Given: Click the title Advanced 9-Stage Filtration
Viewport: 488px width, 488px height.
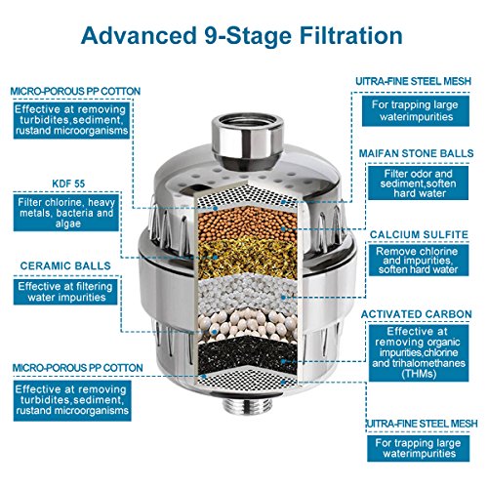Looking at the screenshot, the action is pos(242,36).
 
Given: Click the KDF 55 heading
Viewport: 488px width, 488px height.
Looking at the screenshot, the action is pos(68,183).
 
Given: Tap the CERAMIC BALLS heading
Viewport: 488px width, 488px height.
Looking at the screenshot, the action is pos(65,265).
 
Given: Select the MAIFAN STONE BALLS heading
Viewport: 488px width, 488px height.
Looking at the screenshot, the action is pos(416,153).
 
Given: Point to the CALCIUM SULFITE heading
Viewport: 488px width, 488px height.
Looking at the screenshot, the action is pos(419,234).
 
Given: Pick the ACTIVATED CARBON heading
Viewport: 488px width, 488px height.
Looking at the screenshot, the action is pos(417,314).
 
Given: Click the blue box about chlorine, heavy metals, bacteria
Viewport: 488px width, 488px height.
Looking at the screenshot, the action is pos(66,213).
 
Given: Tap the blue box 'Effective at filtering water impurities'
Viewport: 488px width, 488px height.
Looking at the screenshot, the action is pos(65,292).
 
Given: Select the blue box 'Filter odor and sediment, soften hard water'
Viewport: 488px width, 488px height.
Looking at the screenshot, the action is pos(418,183).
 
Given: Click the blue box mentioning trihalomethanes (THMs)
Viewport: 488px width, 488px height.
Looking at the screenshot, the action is pos(419,353).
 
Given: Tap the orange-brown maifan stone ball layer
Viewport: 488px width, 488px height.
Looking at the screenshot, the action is pos(247,224).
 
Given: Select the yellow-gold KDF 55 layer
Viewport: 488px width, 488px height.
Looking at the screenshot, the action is pos(247,257).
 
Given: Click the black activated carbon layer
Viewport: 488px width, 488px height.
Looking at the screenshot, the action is pos(247,355).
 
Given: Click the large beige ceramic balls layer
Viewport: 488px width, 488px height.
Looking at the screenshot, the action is pos(247,325).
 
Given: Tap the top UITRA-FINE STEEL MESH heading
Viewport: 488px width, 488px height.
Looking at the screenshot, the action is pos(413,81).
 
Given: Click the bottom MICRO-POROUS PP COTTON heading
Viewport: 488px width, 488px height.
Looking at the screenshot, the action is pos(78,368).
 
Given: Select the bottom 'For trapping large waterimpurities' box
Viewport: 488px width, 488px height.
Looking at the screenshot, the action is pos(419,448).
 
